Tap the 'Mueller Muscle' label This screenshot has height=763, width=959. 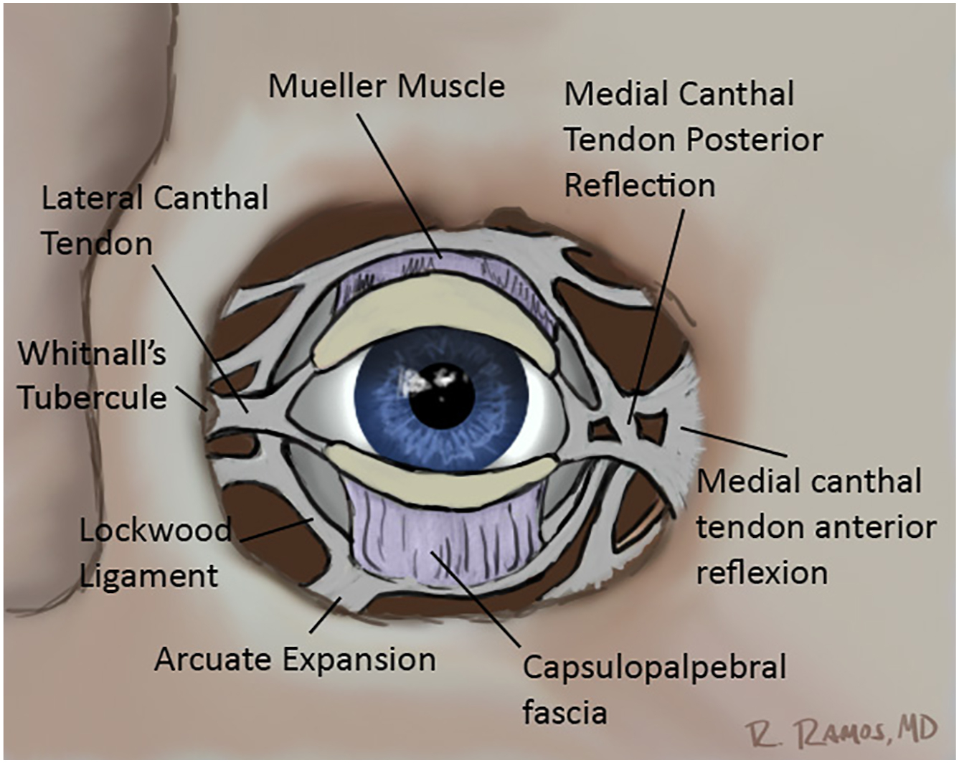pos(386,86)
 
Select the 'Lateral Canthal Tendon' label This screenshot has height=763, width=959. pos(154,220)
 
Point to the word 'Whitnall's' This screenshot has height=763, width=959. pos(92,354)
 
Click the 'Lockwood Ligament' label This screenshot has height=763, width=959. pos(154,553)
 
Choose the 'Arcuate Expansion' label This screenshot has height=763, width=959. pos(295,659)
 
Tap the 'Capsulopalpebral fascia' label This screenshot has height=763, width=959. pos(653,689)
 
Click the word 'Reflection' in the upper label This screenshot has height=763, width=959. pos(639,186)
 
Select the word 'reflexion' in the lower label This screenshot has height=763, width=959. pos(762,573)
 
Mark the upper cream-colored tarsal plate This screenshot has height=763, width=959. pos(438,308)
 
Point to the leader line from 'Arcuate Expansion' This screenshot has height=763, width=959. pos(326,617)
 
